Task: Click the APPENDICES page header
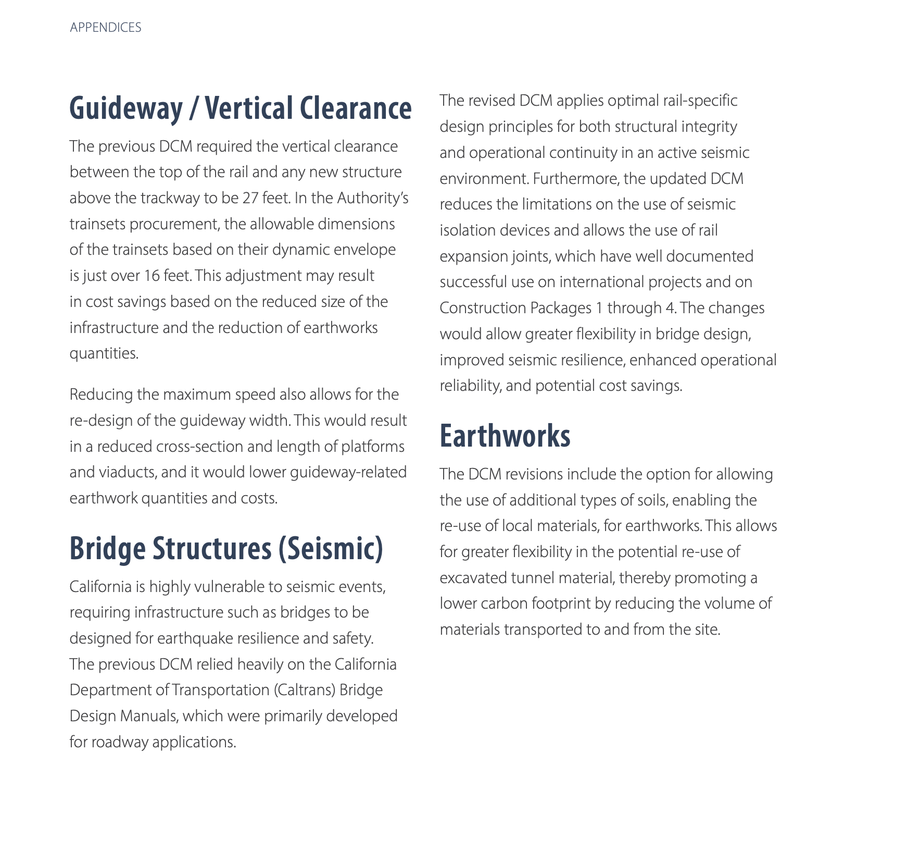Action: point(106,28)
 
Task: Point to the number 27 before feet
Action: point(250,198)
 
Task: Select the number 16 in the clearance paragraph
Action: point(152,276)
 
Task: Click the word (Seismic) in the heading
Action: point(331,548)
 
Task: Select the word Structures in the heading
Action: point(212,548)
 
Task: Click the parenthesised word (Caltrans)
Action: point(304,690)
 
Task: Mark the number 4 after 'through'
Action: point(670,308)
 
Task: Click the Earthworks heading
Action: point(505,436)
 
